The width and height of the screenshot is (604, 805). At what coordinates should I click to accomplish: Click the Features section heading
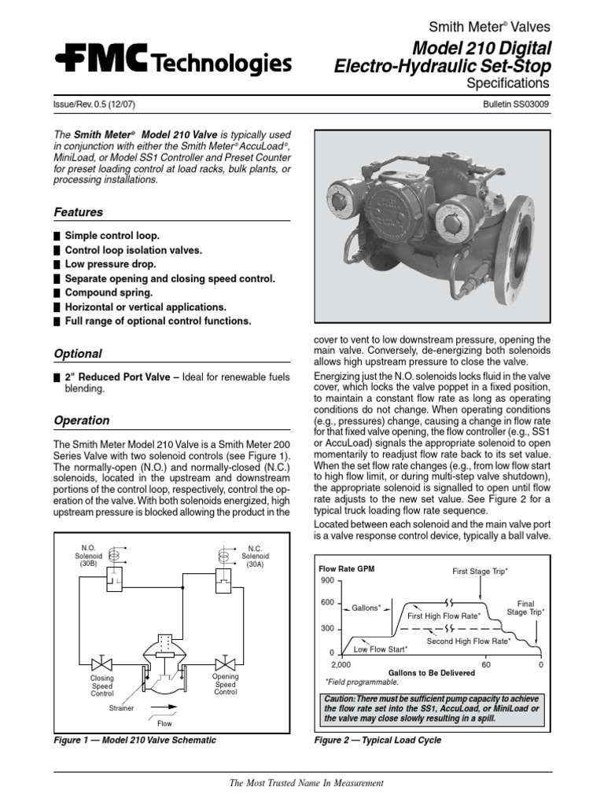[x=78, y=212]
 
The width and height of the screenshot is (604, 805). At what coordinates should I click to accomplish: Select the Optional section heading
[x=78, y=354]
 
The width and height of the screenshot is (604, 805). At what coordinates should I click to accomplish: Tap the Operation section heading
[x=82, y=421]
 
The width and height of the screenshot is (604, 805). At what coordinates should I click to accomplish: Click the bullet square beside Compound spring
[x=57, y=292]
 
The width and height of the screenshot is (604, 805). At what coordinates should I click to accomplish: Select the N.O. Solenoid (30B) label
[x=87, y=557]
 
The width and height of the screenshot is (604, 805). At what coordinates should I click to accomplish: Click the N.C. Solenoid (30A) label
[x=255, y=557]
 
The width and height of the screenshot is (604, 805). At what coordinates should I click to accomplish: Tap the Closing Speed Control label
[x=102, y=686]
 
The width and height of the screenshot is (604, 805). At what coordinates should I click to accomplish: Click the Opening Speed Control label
[x=226, y=684]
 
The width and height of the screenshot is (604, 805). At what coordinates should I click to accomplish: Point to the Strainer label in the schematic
[x=122, y=708]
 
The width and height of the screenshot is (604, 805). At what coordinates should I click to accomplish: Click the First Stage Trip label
[x=480, y=571]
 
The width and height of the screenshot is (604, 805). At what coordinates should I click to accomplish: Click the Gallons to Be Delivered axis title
[x=432, y=673]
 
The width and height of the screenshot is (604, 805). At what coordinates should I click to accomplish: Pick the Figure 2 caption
[x=377, y=740]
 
